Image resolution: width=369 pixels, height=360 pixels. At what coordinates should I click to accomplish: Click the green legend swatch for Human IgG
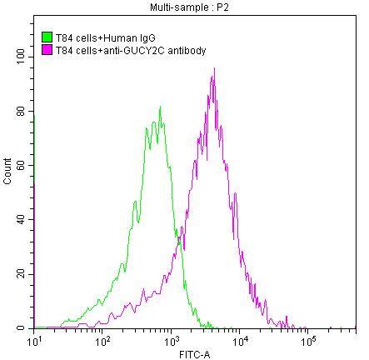47,37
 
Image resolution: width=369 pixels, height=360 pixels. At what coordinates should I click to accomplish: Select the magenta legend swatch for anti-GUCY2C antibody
47,50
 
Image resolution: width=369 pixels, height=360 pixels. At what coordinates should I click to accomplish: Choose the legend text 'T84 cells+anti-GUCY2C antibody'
129,50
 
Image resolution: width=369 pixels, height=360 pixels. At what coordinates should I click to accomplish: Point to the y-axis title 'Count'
7,174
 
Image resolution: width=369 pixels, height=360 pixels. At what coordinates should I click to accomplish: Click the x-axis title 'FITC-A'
194,353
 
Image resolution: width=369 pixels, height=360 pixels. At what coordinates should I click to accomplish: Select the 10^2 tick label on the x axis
103,340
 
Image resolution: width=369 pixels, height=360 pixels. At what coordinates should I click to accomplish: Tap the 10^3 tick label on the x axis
172,340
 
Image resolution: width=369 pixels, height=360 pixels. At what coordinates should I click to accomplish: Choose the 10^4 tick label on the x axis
240,340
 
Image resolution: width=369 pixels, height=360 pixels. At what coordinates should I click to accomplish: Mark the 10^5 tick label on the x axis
307,340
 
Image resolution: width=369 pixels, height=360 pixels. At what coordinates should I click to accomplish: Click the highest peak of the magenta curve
214,69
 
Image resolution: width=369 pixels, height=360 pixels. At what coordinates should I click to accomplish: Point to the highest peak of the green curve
160,107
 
